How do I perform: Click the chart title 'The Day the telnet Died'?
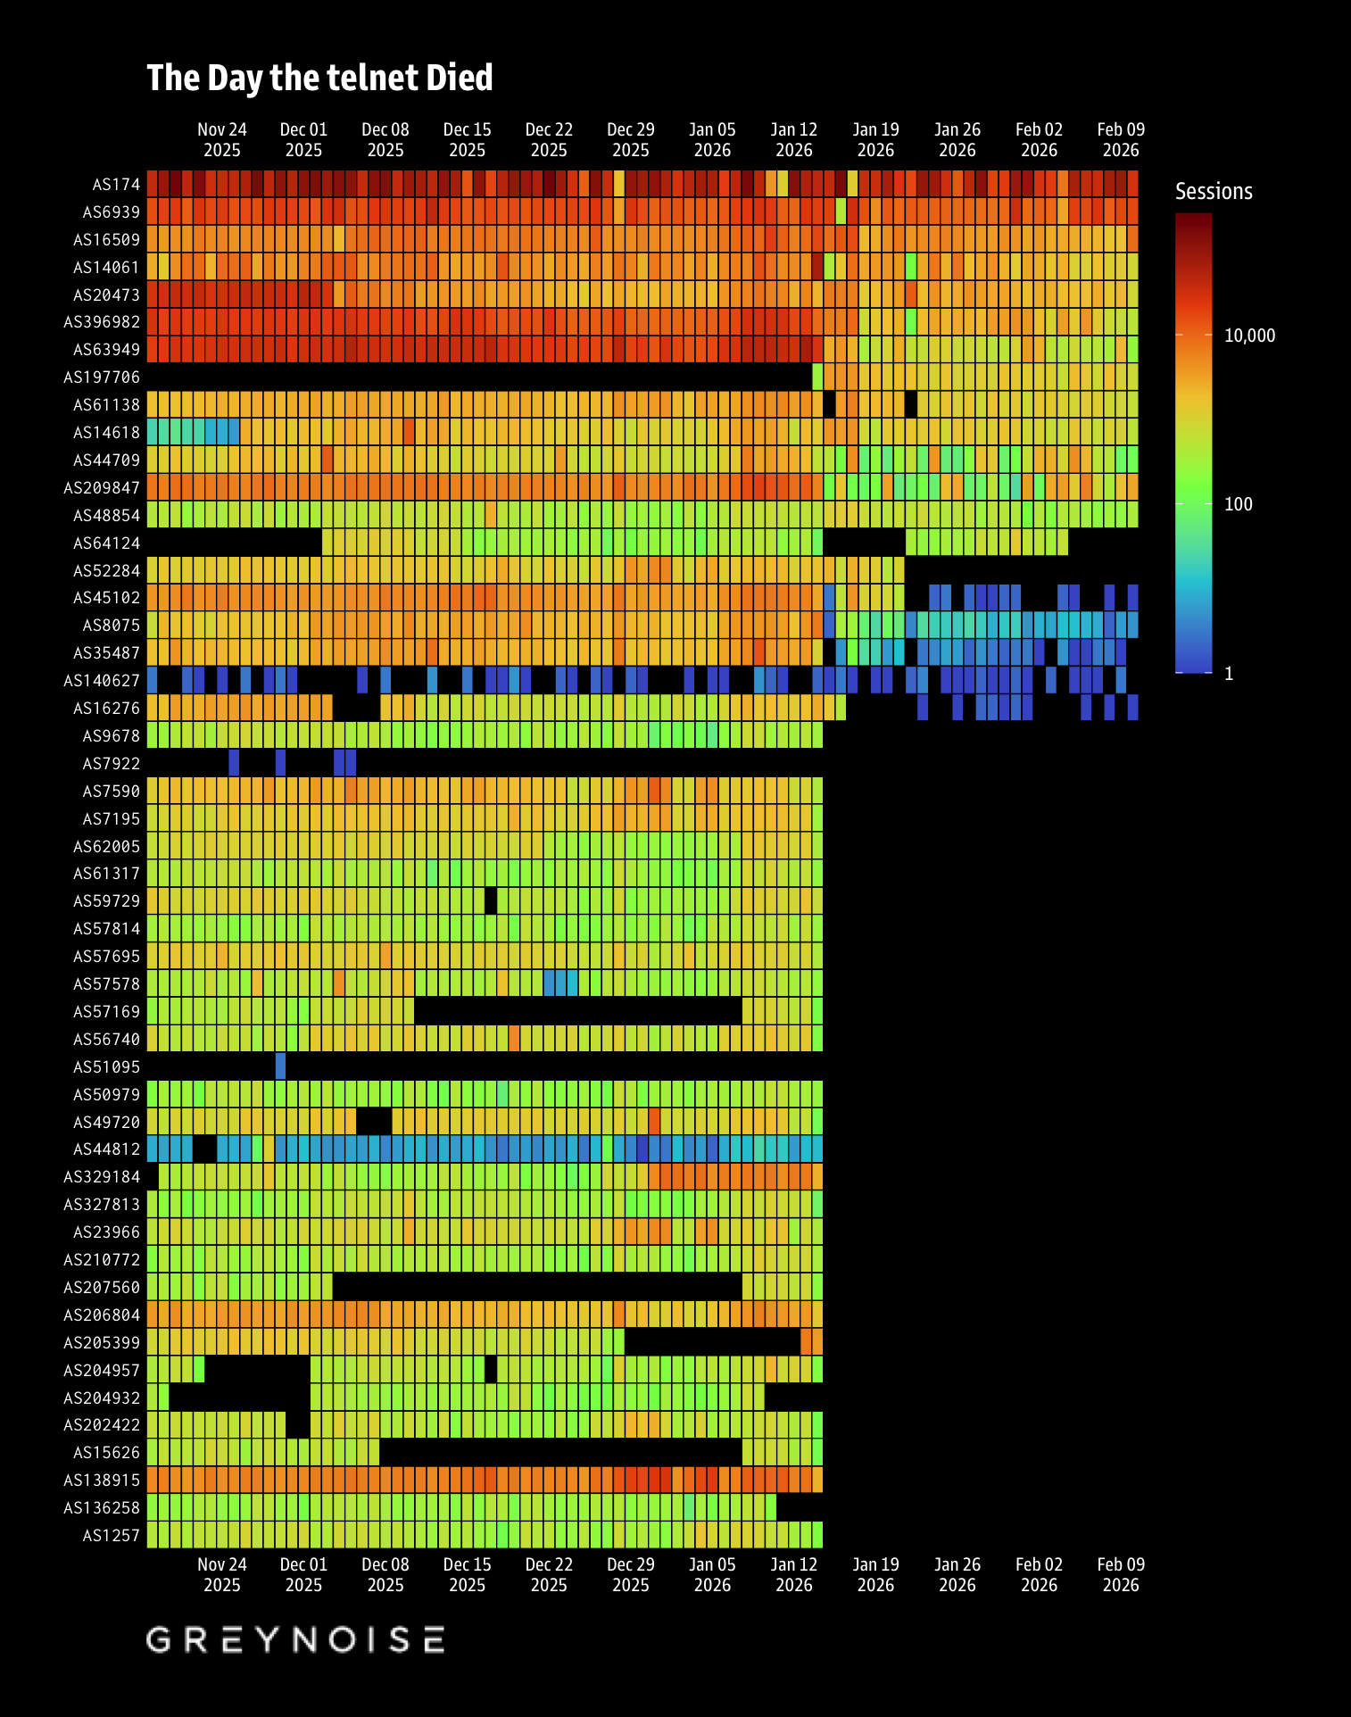tap(319, 79)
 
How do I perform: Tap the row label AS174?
tap(116, 185)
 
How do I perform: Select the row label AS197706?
tap(102, 377)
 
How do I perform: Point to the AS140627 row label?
tap(102, 681)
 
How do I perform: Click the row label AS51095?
tap(106, 1067)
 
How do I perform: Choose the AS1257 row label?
tap(111, 1536)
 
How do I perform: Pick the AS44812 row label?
tap(106, 1149)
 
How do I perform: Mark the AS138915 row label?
tap(102, 1481)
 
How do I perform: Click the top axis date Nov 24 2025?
tap(222, 140)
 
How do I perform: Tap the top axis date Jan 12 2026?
tap(794, 140)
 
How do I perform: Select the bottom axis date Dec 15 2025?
tap(468, 1575)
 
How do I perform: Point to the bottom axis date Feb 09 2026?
tap(1121, 1575)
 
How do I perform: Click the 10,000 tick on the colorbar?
tap(1249, 336)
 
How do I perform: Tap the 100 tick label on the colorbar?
tap(1238, 504)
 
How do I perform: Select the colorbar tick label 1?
tap(1229, 674)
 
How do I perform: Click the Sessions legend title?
tap(1214, 192)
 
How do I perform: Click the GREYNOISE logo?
tap(295, 1639)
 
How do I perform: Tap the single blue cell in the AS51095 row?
tap(281, 1066)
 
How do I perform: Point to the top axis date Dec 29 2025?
tap(631, 140)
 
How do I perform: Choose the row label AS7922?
tap(111, 764)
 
